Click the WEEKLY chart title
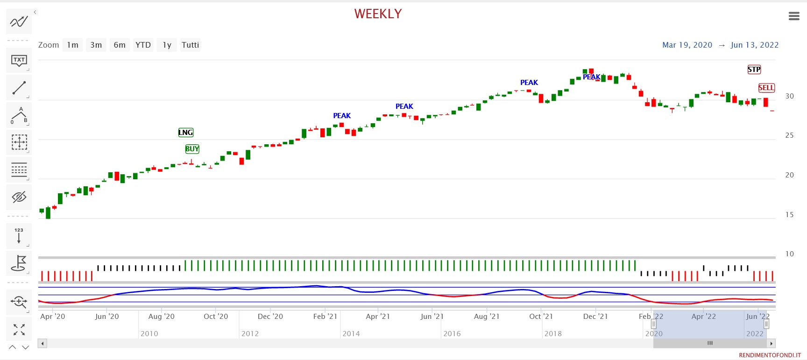(378, 14)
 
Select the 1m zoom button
(72, 45)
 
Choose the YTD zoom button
(143, 45)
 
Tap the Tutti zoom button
(190, 45)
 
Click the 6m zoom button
(120, 45)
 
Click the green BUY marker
(192, 149)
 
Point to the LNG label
(185, 133)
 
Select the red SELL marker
(766, 88)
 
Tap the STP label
(754, 70)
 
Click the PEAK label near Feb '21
(342, 116)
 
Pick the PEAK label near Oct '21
(529, 83)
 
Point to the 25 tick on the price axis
(789, 135)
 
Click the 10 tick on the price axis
(789, 254)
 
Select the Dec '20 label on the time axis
(270, 317)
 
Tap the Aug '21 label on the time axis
(487, 317)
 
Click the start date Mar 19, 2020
(687, 45)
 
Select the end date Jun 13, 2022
(754, 45)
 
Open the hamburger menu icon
(794, 16)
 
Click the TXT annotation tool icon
(19, 60)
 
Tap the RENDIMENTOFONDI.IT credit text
(770, 355)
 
